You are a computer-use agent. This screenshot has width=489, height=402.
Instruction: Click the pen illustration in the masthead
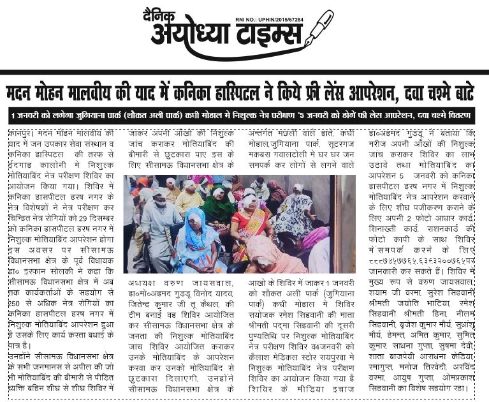click(318, 29)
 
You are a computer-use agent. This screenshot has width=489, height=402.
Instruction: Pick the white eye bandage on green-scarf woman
click(219, 191)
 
